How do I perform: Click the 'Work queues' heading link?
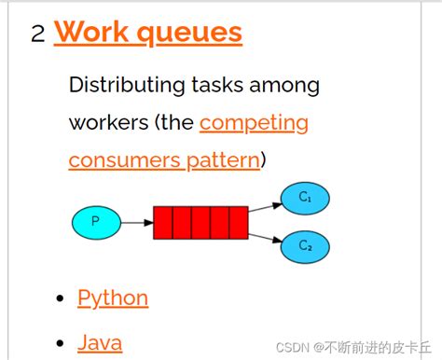(x=148, y=33)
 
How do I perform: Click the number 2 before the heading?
(x=37, y=35)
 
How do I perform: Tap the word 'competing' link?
(x=254, y=122)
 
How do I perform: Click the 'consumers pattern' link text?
(x=164, y=159)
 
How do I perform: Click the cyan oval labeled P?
(x=96, y=222)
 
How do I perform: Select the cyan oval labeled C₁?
(x=304, y=199)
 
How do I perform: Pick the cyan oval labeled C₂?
(x=304, y=245)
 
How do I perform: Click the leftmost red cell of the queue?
(x=163, y=223)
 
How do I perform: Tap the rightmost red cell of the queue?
(x=238, y=223)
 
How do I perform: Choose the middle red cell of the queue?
(x=200, y=223)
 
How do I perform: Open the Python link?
(x=113, y=298)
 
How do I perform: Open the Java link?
(x=100, y=342)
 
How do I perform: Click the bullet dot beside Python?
(x=61, y=298)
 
